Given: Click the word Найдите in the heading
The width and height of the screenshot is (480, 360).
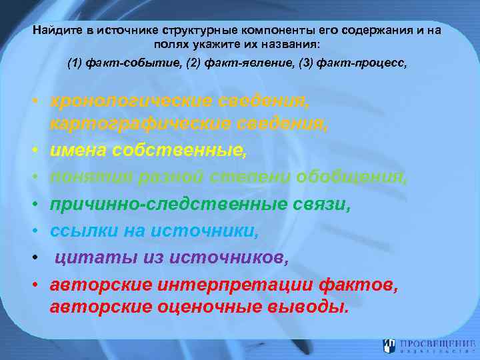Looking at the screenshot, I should tap(56, 31).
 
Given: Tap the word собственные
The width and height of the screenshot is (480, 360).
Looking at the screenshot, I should tap(182, 151).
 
